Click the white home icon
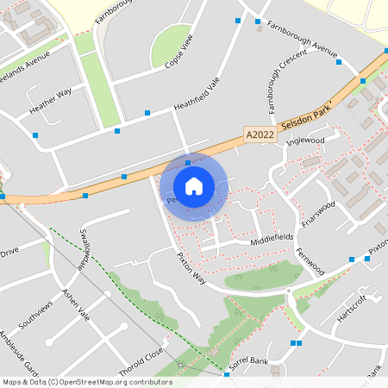tap(193, 186)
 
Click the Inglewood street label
tap(304, 141)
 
